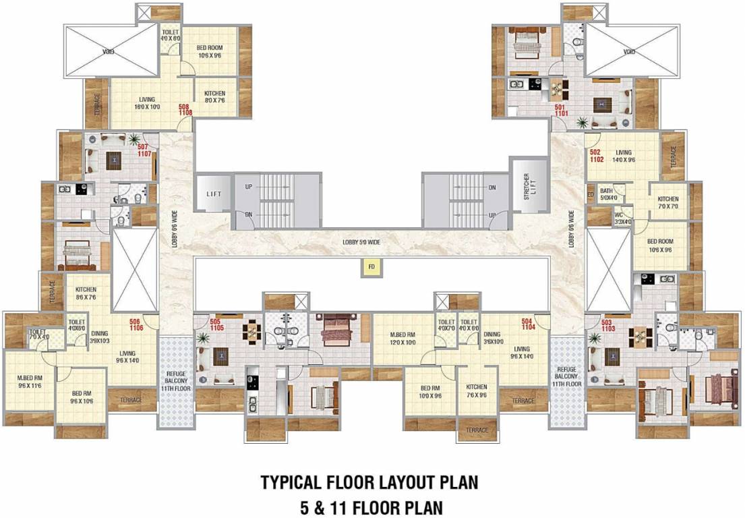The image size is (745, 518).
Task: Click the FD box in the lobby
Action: (x=371, y=268)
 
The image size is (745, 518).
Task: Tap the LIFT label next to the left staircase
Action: (x=214, y=194)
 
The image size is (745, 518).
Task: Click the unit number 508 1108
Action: (x=185, y=110)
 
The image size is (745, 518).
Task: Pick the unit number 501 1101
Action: (x=561, y=111)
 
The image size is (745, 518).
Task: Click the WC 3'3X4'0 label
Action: (x=622, y=218)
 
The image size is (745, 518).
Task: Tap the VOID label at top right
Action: (x=629, y=51)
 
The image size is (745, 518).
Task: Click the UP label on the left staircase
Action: (x=248, y=187)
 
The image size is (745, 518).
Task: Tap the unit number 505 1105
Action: (x=216, y=324)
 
